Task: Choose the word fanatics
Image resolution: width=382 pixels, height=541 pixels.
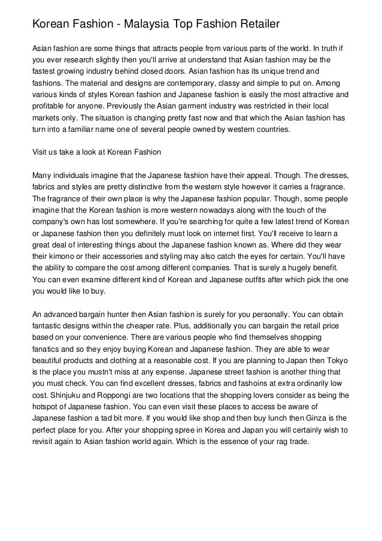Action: pos(46,350)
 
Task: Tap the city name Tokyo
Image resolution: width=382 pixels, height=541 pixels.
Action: pos(330,361)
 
